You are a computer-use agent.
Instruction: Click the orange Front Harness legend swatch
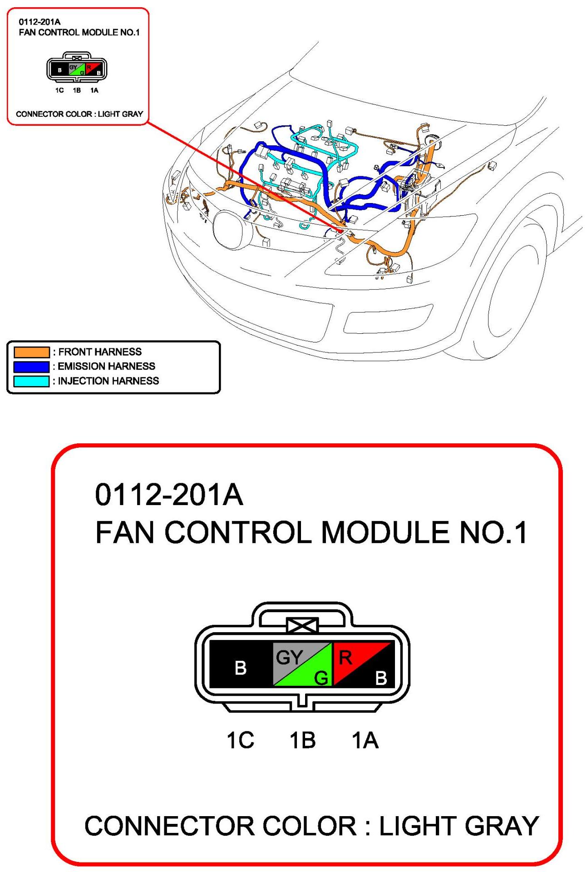pos(31,352)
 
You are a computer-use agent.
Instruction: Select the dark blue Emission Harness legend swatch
pos(31,367)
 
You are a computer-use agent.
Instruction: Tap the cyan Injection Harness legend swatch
pos(31,381)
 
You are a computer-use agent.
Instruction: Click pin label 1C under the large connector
pos(240,740)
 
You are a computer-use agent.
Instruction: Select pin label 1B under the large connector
pos(302,740)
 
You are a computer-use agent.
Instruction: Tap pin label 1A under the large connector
pos(365,740)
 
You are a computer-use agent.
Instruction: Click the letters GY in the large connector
pos(290,657)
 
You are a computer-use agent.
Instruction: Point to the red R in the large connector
pos(345,657)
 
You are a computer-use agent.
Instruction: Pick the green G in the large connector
pos(321,678)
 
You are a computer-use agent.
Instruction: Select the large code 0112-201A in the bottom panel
pos(169,495)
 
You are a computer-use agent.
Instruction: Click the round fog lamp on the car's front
pos(233,230)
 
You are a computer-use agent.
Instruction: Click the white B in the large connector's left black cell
pos(241,668)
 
